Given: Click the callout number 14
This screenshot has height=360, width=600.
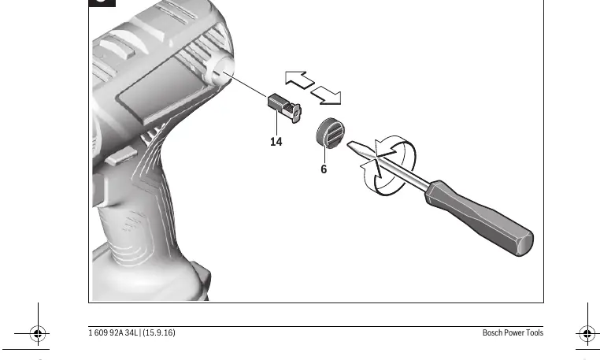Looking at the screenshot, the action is click(x=276, y=142).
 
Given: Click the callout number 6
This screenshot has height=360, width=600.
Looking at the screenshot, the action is click(x=324, y=169).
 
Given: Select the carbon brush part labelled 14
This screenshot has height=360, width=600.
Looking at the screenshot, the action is click(x=284, y=108).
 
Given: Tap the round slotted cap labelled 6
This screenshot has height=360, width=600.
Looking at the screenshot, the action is click(x=330, y=132).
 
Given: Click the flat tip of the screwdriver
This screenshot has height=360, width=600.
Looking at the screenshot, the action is click(x=350, y=144).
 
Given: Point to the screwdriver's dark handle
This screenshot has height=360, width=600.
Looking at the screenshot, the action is click(x=479, y=217).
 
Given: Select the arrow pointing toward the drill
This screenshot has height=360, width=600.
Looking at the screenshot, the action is click(x=300, y=80).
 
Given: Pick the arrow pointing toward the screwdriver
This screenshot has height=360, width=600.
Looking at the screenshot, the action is click(x=326, y=95).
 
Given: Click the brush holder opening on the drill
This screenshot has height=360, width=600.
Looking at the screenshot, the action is click(x=220, y=71).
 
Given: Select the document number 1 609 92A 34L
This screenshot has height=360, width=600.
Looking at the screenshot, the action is click(x=113, y=332).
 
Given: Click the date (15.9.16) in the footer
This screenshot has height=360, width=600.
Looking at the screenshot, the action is click(x=159, y=332).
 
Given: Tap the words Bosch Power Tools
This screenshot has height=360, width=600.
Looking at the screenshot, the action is click(x=513, y=332).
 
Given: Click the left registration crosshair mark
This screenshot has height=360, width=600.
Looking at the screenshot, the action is click(x=38, y=333).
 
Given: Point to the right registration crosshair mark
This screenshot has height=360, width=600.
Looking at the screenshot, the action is click(x=587, y=333).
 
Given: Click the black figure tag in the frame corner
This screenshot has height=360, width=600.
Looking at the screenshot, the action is click(x=102, y=3).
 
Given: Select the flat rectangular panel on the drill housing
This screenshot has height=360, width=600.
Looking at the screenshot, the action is click(x=165, y=92).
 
